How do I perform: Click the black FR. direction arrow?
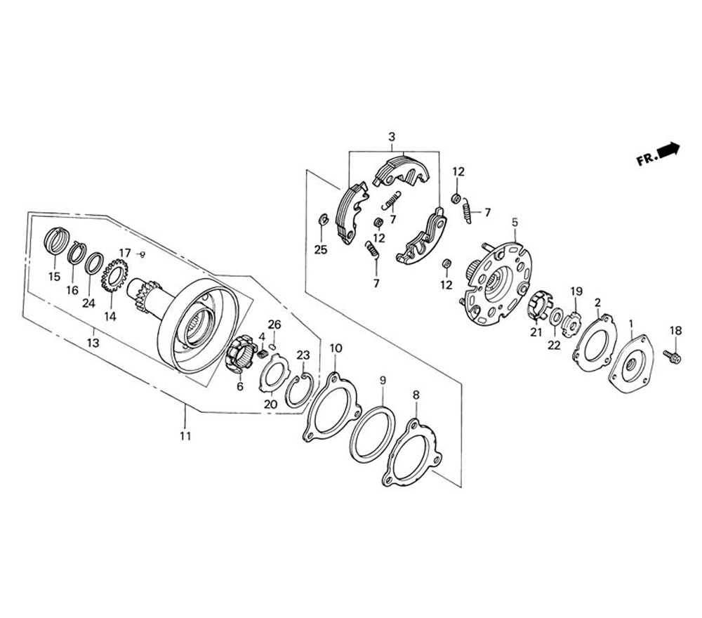point(670,149)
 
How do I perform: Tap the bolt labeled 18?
point(672,356)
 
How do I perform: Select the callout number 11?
point(185,435)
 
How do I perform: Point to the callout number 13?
point(93,343)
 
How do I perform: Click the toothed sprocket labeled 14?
point(114,275)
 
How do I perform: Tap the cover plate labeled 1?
point(631,364)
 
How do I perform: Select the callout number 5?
point(515,222)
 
